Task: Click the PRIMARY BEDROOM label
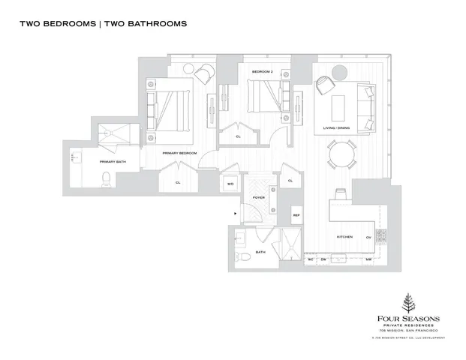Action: pyautogui.click(x=180, y=152)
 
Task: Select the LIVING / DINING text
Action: pyautogui.click(x=338, y=128)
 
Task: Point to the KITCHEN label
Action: pyautogui.click(x=344, y=236)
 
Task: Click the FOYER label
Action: pyautogui.click(x=258, y=199)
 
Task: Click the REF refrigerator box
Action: pyautogui.click(x=296, y=215)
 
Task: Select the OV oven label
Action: pyautogui.click(x=368, y=236)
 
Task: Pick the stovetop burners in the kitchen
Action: pyautogui.click(x=379, y=236)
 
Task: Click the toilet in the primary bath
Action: pyautogui.click(x=106, y=178)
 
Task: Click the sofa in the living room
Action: pyautogui.click(x=366, y=109)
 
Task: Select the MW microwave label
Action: pyautogui.click(x=368, y=259)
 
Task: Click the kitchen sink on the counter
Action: pyautogui.click(x=339, y=194)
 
